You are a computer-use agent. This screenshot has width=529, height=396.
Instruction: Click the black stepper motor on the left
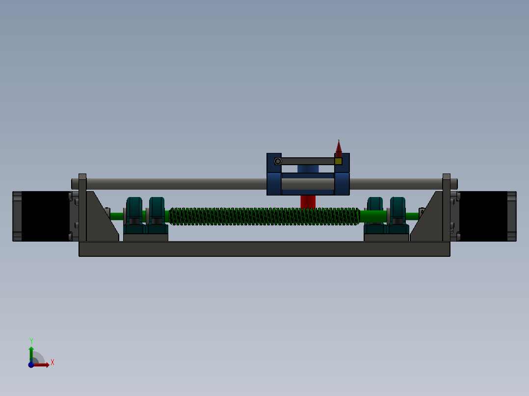45,216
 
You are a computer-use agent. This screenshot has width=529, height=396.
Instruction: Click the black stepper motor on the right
483,216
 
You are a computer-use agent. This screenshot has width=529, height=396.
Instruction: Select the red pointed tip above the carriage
338,148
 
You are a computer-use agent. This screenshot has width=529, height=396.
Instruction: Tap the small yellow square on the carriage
338,161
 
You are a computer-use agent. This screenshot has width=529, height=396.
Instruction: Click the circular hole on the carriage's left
278,161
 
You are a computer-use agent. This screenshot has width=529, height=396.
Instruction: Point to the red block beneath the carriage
308,201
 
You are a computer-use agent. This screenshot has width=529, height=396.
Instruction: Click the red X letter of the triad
52,363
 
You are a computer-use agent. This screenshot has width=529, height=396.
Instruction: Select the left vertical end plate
82,208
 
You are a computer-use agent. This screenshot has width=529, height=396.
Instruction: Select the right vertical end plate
446,208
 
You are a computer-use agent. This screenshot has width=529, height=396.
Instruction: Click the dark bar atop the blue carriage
307,161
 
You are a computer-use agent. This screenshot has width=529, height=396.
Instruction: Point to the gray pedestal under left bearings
145,238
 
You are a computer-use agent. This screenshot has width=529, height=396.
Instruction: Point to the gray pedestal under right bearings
386,238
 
